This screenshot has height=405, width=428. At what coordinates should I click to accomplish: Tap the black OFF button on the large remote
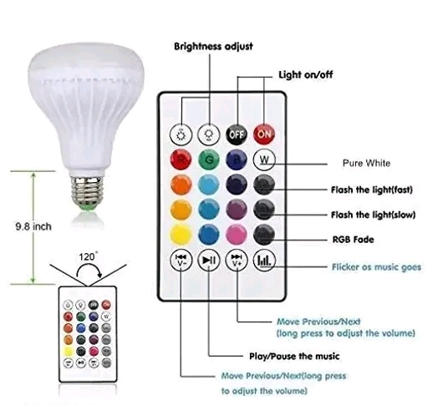coord(237,134)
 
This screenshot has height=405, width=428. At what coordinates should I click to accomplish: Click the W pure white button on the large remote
coord(264,160)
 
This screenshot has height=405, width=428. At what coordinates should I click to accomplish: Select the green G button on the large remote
coord(209,160)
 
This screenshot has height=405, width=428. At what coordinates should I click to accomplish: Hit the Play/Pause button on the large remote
coord(209,261)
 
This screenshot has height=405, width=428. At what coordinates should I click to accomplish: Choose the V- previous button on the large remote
coord(181,261)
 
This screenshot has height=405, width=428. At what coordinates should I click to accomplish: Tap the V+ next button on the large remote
coord(237,261)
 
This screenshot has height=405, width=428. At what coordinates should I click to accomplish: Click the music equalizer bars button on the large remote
coord(264,261)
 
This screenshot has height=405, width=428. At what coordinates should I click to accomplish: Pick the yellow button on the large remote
coord(181,235)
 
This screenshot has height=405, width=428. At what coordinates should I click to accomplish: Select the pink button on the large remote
coord(237,235)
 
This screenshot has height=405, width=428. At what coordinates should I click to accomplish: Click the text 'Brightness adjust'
coord(213,46)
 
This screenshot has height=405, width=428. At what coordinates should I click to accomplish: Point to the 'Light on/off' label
coord(306,74)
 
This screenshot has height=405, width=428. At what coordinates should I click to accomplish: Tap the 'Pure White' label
coord(366,163)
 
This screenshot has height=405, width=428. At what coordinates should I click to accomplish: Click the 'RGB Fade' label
coord(353,240)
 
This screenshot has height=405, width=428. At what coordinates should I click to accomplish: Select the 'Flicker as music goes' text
coord(376,267)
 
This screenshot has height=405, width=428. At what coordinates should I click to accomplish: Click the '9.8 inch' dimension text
coord(33,226)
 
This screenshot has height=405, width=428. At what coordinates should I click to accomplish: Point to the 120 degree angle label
coord(88,256)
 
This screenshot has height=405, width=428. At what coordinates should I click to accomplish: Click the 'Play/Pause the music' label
coord(294,357)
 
